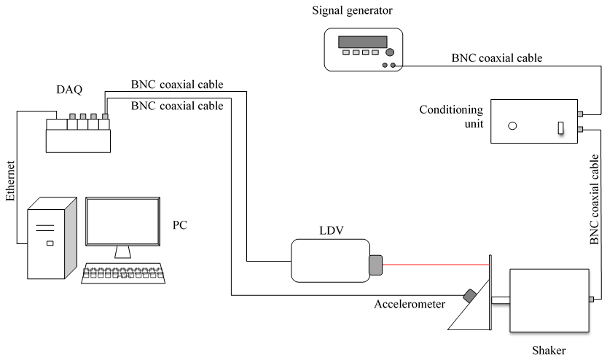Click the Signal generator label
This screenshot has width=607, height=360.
click(x=361, y=10)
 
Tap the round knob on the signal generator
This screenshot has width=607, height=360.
click(x=390, y=52)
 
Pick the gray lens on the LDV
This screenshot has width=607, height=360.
click(x=376, y=265)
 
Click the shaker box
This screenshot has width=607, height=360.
click(x=549, y=299)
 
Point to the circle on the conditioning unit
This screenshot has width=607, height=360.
click(x=512, y=125)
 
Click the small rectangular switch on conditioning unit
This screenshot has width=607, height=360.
click(x=561, y=128)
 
